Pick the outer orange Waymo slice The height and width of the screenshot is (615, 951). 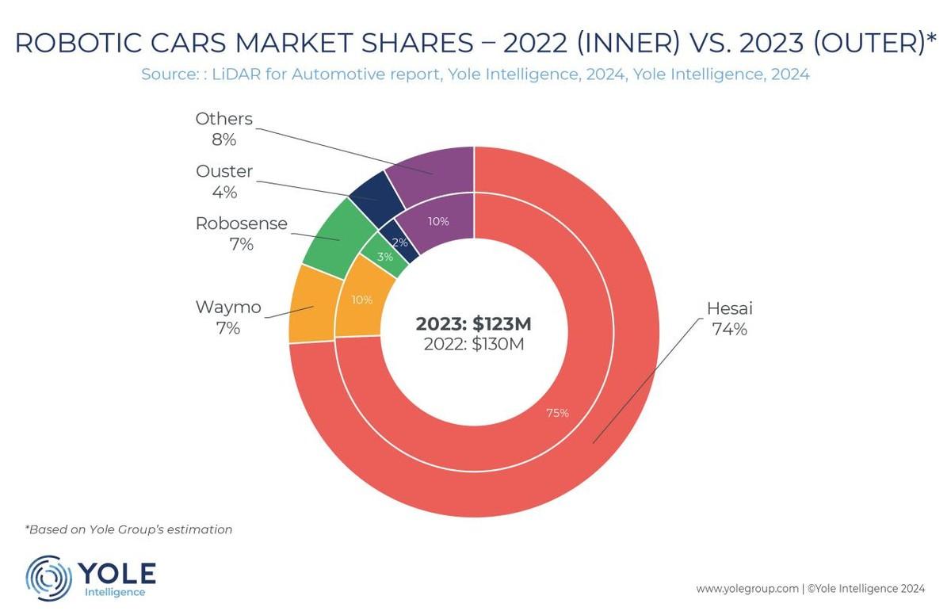point(314,306)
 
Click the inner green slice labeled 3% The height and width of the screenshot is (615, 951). point(385,256)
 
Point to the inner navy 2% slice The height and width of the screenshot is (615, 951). point(399,241)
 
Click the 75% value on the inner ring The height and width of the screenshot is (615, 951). point(557,413)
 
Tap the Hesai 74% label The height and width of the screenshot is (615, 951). point(729,319)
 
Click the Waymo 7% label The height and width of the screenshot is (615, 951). point(228,317)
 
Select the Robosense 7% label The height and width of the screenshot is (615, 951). point(241,234)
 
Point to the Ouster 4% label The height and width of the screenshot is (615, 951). point(224,181)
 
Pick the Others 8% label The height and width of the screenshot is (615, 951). point(223,128)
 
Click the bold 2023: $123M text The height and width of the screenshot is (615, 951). point(473,324)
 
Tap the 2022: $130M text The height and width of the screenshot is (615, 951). point(474,344)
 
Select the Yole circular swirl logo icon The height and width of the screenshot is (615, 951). point(48,578)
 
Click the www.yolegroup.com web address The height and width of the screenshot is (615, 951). point(747,589)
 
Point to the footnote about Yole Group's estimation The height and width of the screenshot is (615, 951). point(128,529)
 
